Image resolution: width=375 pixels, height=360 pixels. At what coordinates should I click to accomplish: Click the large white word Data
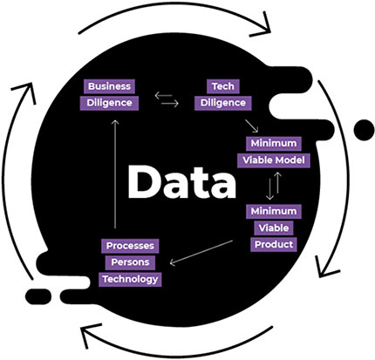click(181, 182)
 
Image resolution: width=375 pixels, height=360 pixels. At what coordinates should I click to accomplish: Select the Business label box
click(109, 86)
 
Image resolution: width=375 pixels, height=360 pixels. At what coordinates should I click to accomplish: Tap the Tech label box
click(223, 86)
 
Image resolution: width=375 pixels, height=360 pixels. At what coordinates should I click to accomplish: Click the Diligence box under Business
click(109, 103)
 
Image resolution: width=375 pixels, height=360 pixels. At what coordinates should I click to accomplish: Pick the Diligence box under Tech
click(223, 103)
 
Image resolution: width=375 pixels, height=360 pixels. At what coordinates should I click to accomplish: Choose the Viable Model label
click(274, 160)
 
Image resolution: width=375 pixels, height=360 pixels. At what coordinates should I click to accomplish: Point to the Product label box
click(274, 244)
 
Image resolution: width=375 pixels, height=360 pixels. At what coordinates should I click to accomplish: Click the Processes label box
click(130, 246)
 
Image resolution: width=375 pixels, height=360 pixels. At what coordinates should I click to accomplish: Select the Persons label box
click(130, 262)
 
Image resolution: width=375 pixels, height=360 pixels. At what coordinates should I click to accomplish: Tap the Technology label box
click(130, 279)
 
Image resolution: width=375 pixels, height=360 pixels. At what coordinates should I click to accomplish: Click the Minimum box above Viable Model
click(274, 143)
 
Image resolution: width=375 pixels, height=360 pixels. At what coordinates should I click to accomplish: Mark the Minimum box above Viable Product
click(274, 211)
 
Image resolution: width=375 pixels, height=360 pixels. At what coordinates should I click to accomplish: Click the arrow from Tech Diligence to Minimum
click(251, 126)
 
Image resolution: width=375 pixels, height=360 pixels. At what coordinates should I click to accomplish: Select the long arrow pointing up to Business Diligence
click(115, 174)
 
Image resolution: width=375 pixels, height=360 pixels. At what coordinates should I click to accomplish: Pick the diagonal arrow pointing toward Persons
click(201, 253)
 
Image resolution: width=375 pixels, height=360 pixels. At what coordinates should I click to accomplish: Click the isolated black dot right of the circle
click(364, 129)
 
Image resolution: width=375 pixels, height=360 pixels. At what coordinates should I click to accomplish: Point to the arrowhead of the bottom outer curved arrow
click(90, 335)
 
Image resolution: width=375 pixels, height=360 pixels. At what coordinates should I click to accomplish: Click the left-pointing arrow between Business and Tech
click(163, 96)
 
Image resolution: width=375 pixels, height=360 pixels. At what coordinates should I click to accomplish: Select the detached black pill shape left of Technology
click(38, 296)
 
